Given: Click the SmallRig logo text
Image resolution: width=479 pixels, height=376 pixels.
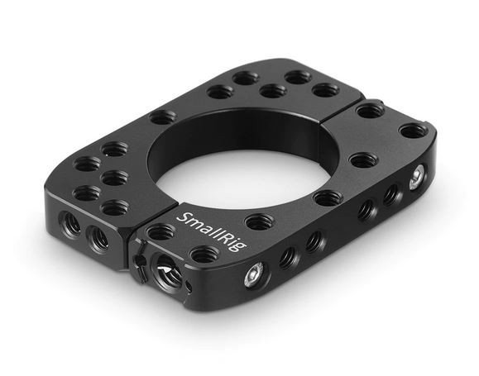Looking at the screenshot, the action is coord(213,231).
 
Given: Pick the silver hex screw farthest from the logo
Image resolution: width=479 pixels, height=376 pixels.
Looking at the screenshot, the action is coord(417,177).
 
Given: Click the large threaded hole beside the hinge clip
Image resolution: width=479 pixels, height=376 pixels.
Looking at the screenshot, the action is coord(166,269).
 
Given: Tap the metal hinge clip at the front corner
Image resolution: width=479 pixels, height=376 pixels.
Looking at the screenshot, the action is coord(140,260).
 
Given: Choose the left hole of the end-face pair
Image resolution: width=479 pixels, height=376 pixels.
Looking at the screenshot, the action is coord(70,223).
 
